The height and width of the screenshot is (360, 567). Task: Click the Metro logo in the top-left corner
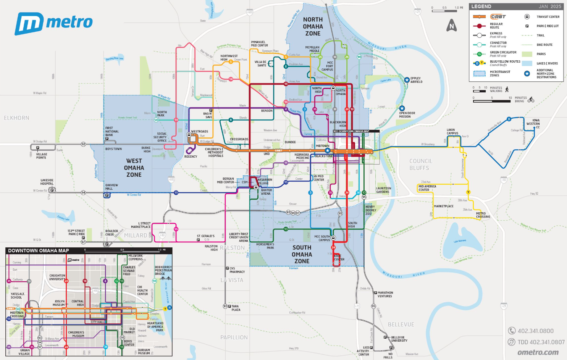53,23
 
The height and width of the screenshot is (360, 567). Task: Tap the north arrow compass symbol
452,26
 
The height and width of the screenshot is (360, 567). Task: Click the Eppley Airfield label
416,80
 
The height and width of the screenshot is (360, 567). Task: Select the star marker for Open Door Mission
402,108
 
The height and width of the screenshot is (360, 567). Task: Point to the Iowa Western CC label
533,124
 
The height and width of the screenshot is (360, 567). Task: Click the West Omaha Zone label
134,168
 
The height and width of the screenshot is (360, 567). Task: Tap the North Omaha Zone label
313,26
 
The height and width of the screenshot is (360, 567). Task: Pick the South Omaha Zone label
302,254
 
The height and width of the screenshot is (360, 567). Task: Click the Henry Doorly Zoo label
370,210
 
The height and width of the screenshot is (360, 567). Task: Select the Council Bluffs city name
420,165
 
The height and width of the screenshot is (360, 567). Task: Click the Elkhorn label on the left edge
16,118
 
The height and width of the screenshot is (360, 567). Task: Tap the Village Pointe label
42,156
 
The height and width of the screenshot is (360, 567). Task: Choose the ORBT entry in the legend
498,16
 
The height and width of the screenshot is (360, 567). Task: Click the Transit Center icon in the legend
527,16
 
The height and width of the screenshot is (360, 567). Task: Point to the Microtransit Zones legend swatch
479,73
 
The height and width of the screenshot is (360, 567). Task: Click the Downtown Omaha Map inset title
39,251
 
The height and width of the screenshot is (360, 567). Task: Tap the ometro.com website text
538,352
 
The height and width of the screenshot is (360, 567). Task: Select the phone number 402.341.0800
535,331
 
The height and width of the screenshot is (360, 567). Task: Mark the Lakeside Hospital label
47,182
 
